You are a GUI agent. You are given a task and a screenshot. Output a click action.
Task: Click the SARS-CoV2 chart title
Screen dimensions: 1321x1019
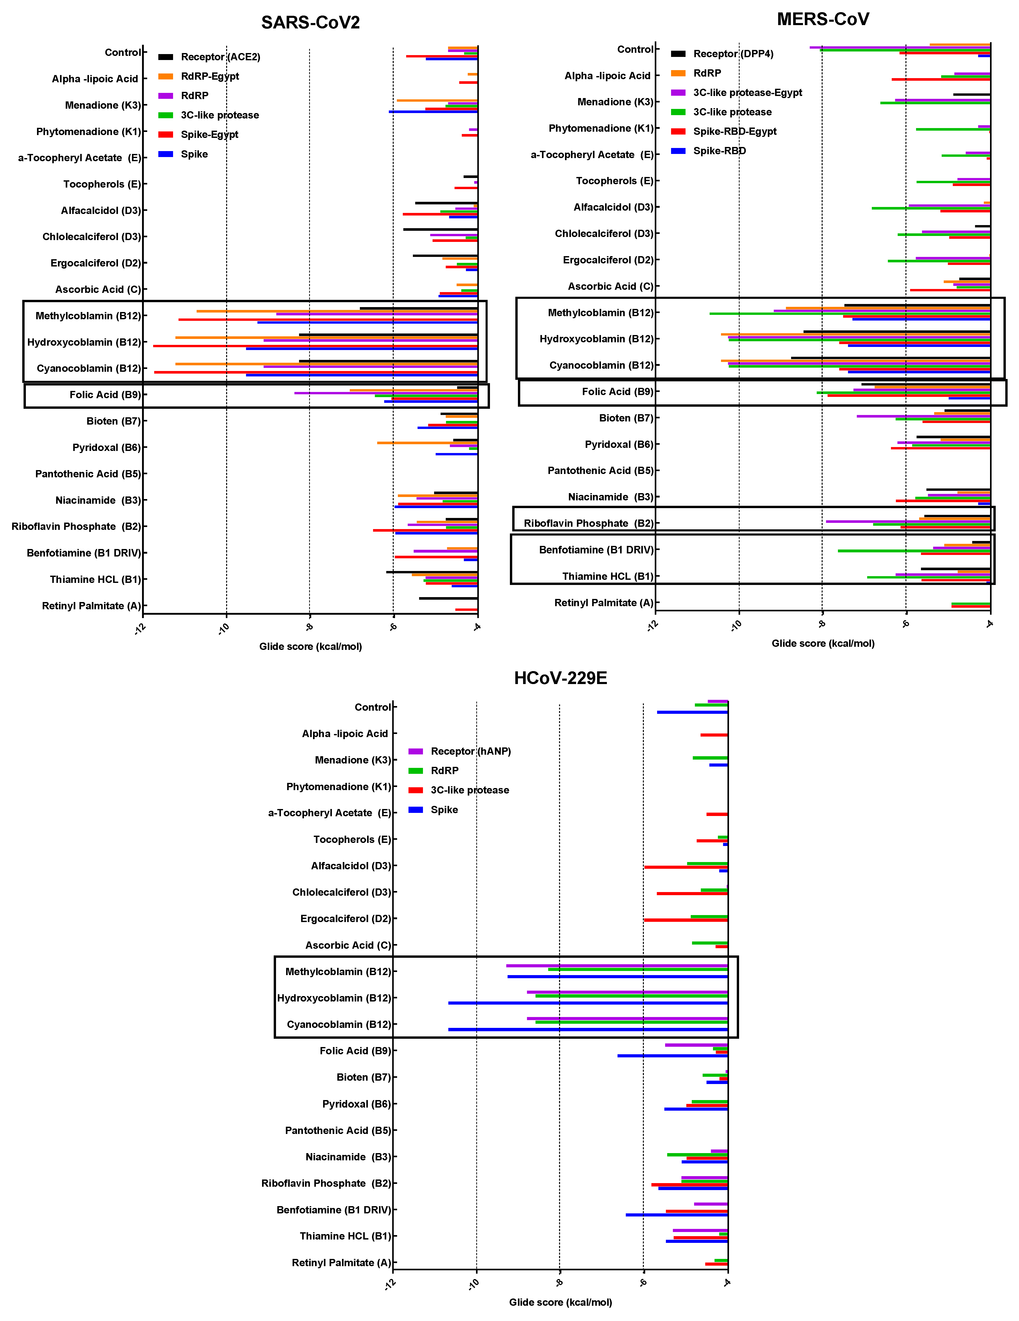(310, 23)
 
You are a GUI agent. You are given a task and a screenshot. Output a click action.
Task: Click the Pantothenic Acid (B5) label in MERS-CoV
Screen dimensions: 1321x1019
(600, 471)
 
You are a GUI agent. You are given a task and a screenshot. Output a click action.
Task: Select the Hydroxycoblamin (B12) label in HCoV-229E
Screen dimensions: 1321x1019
(334, 998)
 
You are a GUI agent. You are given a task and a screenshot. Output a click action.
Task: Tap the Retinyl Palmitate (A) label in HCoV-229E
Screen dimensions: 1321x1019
(341, 1262)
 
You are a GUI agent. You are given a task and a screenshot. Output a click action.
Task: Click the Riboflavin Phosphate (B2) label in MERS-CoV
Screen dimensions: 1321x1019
(589, 523)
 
